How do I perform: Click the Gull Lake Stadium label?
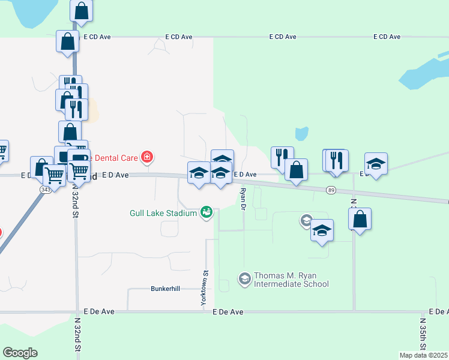pyautogui.click(x=164, y=213)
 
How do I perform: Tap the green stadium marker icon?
pyautogui.click(x=206, y=212)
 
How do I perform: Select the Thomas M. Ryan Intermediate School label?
pyautogui.click(x=292, y=280)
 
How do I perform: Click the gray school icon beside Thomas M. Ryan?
pyautogui.click(x=245, y=278)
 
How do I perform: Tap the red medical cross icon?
pyautogui.click(x=146, y=158)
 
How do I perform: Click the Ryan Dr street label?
pyautogui.click(x=244, y=198)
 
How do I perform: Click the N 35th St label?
pyautogui.click(x=423, y=340)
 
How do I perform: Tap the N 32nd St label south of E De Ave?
pyautogui.click(x=77, y=336)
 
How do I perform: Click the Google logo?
pyautogui.click(x=20, y=353)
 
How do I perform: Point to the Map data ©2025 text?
pyautogui.click(x=423, y=355)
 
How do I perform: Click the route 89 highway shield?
pyautogui.click(x=331, y=190)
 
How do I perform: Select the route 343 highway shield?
pyautogui.click(x=46, y=190)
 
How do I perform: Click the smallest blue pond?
pyautogui.click(x=301, y=134)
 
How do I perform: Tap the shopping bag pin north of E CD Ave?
pyautogui.click(x=81, y=11)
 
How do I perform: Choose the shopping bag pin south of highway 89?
pyautogui.click(x=360, y=219)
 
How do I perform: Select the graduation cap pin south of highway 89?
pyautogui.click(x=322, y=230)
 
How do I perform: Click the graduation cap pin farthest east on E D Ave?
pyautogui.click(x=376, y=164)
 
